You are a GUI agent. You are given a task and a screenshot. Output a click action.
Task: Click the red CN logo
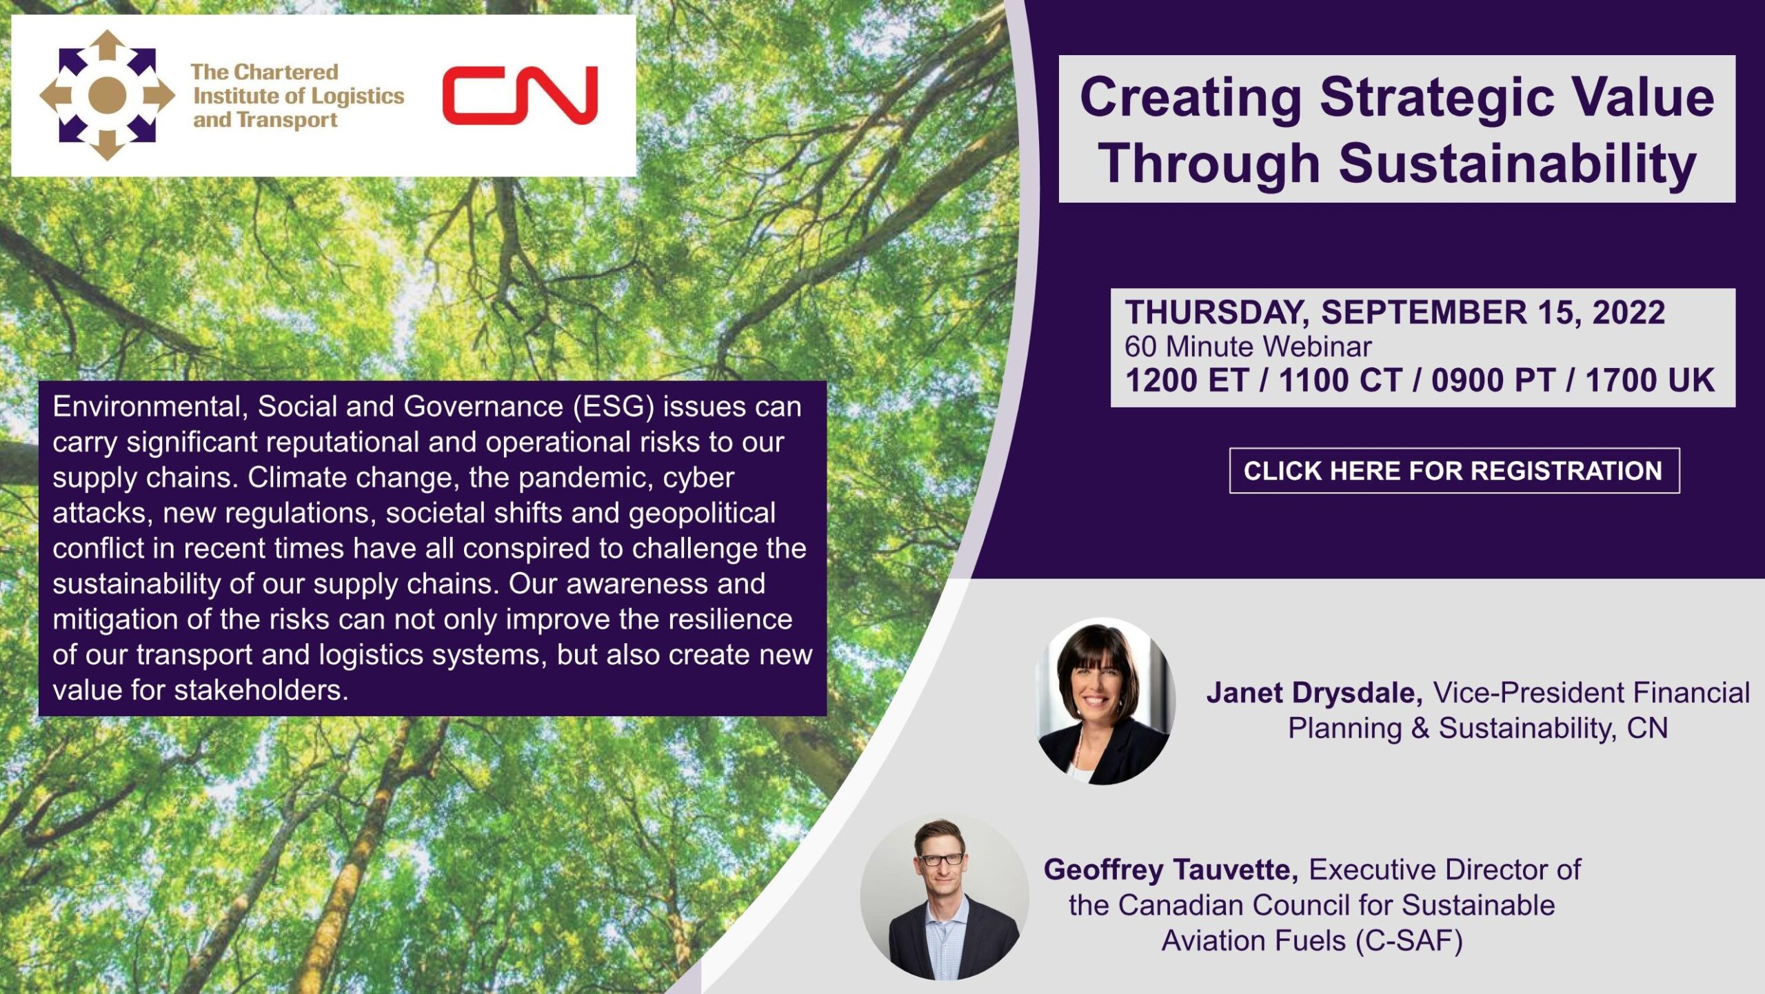coord(520,95)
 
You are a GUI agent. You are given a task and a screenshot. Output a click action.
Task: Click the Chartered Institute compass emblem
coord(108,95)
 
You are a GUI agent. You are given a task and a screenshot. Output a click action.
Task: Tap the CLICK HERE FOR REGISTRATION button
coord(1454,471)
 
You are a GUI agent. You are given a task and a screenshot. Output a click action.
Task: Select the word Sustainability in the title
coord(1517,164)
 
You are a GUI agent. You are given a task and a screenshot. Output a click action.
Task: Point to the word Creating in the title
coord(1191,97)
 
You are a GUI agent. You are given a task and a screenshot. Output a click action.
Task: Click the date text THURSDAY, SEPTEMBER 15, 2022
coord(1395,312)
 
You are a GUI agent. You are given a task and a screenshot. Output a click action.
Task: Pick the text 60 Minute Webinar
coord(1248,347)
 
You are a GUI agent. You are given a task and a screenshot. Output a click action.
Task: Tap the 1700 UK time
coord(1650,381)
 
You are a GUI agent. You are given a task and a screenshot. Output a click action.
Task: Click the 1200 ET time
coord(1187,381)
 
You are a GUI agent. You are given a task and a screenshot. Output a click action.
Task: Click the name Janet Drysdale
coord(1314,693)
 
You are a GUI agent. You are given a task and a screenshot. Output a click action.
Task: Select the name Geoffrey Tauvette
coord(1171,870)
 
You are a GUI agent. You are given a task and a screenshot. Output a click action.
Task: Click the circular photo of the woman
coord(1105,700)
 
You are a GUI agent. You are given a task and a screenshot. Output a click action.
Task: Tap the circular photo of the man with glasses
coord(945,896)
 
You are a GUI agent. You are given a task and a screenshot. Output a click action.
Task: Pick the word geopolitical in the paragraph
coord(702,514)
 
